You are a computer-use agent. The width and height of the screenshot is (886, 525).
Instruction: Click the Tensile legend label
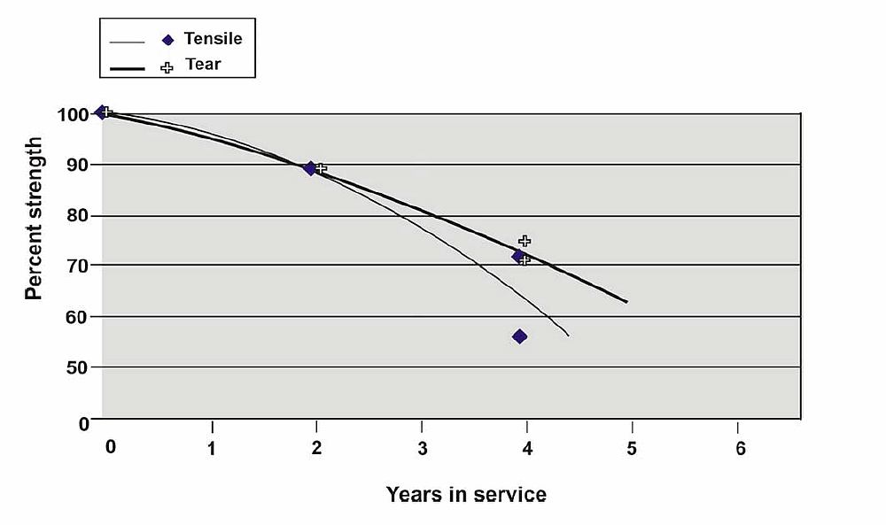coord(213,39)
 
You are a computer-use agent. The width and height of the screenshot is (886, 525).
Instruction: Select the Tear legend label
coord(203,65)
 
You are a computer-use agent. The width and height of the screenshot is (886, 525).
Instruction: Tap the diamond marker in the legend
coord(167,40)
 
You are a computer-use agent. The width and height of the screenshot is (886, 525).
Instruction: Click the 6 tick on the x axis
coord(741,448)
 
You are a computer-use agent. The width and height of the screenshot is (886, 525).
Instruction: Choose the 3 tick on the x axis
coord(423,448)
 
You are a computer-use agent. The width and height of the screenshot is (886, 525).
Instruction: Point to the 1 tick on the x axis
coord(213,448)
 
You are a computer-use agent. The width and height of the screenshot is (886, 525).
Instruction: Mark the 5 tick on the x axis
coord(632,448)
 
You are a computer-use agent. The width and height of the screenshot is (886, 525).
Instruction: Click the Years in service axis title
coord(466,494)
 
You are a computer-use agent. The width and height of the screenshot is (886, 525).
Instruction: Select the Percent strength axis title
coord(34,219)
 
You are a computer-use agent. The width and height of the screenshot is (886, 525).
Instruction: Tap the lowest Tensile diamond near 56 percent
coord(519,336)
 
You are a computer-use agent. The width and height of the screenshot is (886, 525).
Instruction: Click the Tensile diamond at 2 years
coord(310,168)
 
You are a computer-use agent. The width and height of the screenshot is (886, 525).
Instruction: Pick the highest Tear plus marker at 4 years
coord(525,241)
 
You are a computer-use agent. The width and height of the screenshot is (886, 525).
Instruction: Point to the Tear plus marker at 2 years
coord(321,167)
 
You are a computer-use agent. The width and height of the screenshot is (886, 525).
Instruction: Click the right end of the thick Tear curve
coord(627,302)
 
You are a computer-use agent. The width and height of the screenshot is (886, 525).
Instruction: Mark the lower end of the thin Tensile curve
coord(568,336)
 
